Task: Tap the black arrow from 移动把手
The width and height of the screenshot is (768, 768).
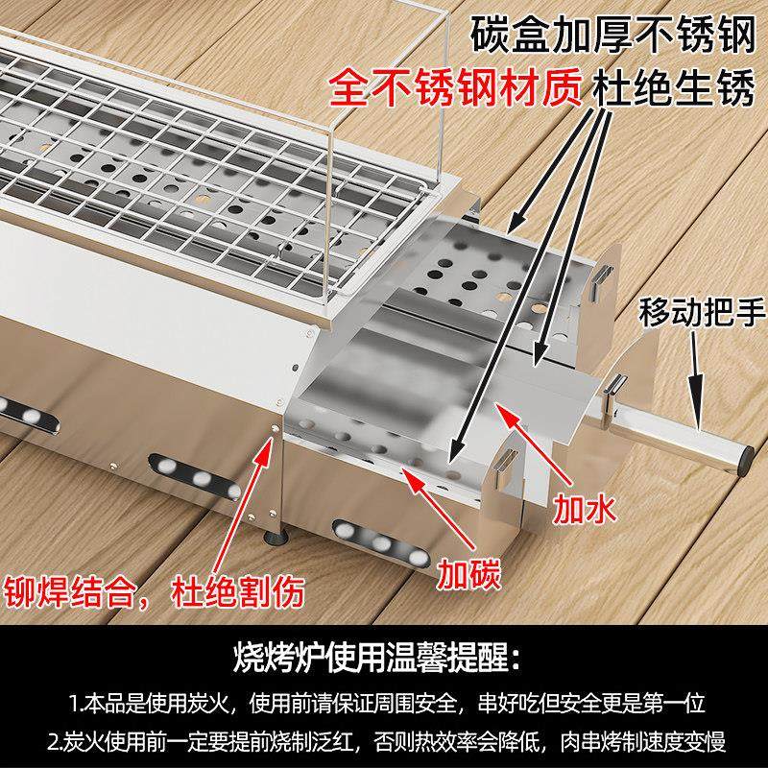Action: pos(696,384)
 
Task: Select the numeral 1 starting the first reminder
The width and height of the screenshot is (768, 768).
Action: pos(74,703)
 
